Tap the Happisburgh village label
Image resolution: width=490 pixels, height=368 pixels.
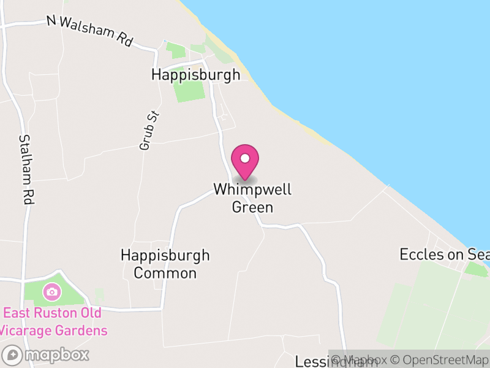196,75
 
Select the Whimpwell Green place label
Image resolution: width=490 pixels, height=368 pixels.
252,198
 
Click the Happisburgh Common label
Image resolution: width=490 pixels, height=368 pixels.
165,264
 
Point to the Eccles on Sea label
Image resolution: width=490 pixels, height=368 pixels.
444,254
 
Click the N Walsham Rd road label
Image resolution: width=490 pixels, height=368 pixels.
90,30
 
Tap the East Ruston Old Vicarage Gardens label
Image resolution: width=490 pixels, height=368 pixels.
53,322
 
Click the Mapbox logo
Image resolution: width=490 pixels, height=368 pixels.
46,355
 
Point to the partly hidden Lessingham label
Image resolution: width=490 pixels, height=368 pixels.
313,361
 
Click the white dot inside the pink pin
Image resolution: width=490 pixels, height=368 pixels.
245,158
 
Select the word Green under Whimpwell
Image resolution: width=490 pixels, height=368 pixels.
252,207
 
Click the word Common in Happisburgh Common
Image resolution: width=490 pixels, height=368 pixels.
165,273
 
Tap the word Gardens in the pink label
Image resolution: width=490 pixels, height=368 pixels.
77,331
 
